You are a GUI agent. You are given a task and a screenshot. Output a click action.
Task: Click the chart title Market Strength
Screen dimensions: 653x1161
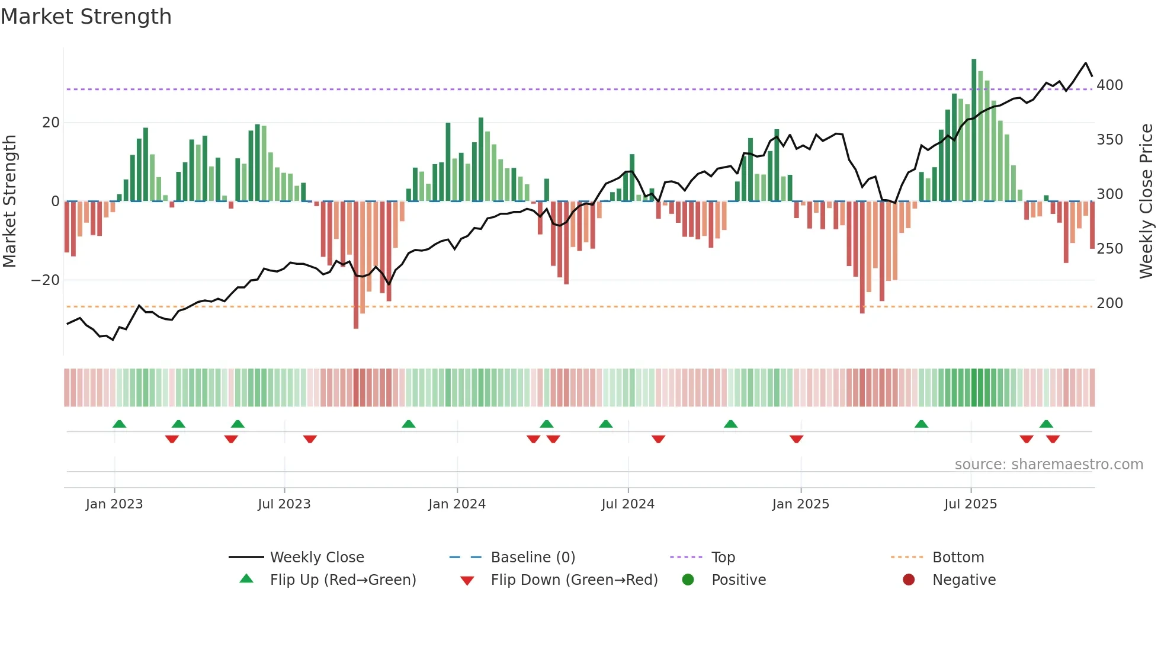(86, 17)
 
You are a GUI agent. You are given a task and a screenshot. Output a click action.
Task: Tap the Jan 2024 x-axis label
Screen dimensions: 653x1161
(457, 504)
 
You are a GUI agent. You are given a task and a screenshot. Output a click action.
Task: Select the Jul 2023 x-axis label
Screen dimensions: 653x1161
(284, 504)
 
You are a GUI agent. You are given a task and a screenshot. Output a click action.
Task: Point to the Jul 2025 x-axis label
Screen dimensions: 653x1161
(970, 504)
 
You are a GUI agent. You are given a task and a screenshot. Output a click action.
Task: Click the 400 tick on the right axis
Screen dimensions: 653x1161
(1109, 85)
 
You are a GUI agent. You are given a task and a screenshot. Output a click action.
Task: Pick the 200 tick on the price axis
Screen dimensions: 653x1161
(1109, 303)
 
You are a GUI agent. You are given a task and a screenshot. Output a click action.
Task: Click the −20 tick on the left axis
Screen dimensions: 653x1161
(46, 280)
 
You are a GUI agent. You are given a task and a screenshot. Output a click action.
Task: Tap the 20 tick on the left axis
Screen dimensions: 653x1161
(51, 123)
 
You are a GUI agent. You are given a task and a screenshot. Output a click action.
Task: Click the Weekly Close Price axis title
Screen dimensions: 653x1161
(1147, 201)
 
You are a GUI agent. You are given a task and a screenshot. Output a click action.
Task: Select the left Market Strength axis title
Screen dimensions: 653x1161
(10, 201)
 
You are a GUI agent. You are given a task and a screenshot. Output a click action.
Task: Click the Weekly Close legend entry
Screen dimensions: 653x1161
(316, 558)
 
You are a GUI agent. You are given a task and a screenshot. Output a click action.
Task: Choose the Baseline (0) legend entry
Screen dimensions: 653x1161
(533, 558)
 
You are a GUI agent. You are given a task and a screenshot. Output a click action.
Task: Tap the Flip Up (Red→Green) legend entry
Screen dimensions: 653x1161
(342, 580)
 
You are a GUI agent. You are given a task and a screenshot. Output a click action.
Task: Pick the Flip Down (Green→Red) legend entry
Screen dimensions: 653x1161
(573, 580)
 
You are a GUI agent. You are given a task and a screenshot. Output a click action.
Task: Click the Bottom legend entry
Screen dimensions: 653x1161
(957, 558)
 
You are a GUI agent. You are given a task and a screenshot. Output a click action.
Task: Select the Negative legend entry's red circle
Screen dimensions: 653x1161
(909, 580)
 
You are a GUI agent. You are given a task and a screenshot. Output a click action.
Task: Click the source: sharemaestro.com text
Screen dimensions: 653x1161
(1048, 465)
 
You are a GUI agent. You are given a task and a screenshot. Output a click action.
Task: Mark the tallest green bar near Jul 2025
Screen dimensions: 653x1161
(974, 130)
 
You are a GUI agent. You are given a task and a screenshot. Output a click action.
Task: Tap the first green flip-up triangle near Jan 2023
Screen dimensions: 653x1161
(119, 424)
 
